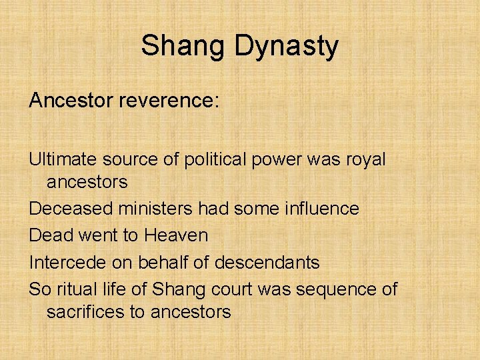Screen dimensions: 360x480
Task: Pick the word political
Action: coord(219,161)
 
